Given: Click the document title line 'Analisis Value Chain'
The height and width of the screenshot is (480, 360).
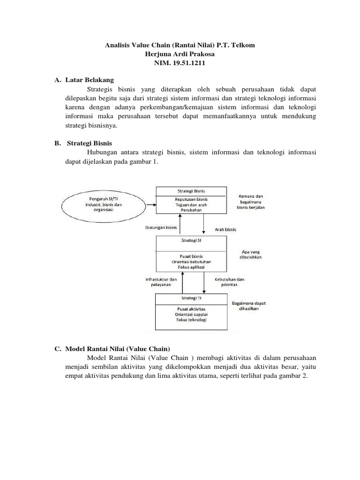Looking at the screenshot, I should click(x=180, y=45).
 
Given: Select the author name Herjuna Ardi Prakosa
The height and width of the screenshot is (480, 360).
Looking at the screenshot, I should click(x=180, y=54).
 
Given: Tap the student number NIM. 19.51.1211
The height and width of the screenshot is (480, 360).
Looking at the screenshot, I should click(x=180, y=63).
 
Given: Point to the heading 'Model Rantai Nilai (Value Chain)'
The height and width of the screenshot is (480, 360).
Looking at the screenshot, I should click(x=118, y=349).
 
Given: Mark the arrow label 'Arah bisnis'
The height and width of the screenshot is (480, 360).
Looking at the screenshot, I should click(x=225, y=230).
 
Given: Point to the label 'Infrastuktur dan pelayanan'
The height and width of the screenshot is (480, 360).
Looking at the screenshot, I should click(x=161, y=281).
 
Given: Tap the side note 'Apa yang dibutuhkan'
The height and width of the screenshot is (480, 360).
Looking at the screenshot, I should click(x=249, y=254).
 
